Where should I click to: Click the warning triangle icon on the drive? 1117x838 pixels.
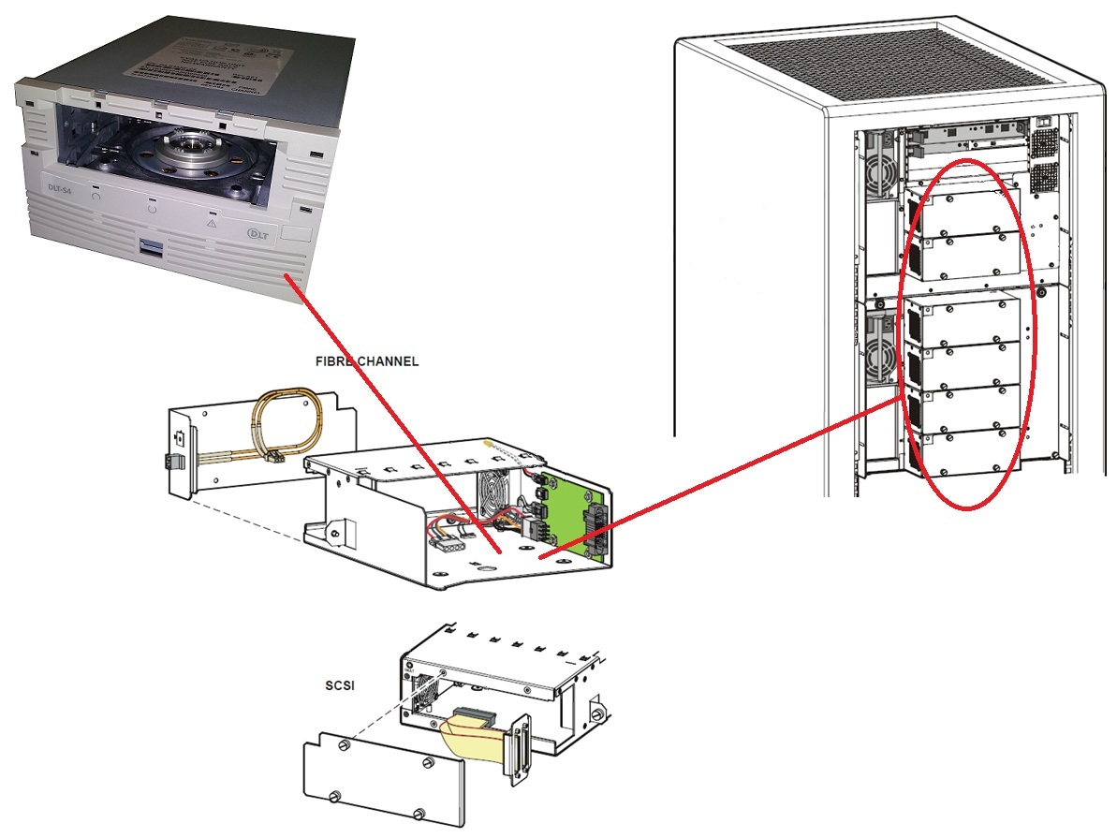[x=212, y=225]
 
